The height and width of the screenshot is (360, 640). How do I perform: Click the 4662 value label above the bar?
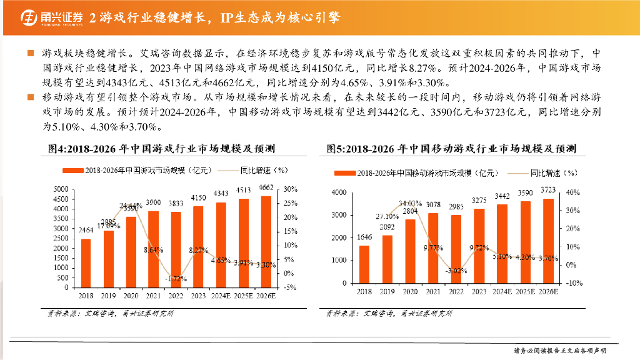point(266,187)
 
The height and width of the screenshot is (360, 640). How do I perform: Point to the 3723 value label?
point(547,190)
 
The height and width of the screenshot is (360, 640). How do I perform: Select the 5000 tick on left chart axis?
point(62,189)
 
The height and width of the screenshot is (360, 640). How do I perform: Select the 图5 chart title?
point(451,148)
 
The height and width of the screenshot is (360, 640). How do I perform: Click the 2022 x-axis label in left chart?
point(176,296)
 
